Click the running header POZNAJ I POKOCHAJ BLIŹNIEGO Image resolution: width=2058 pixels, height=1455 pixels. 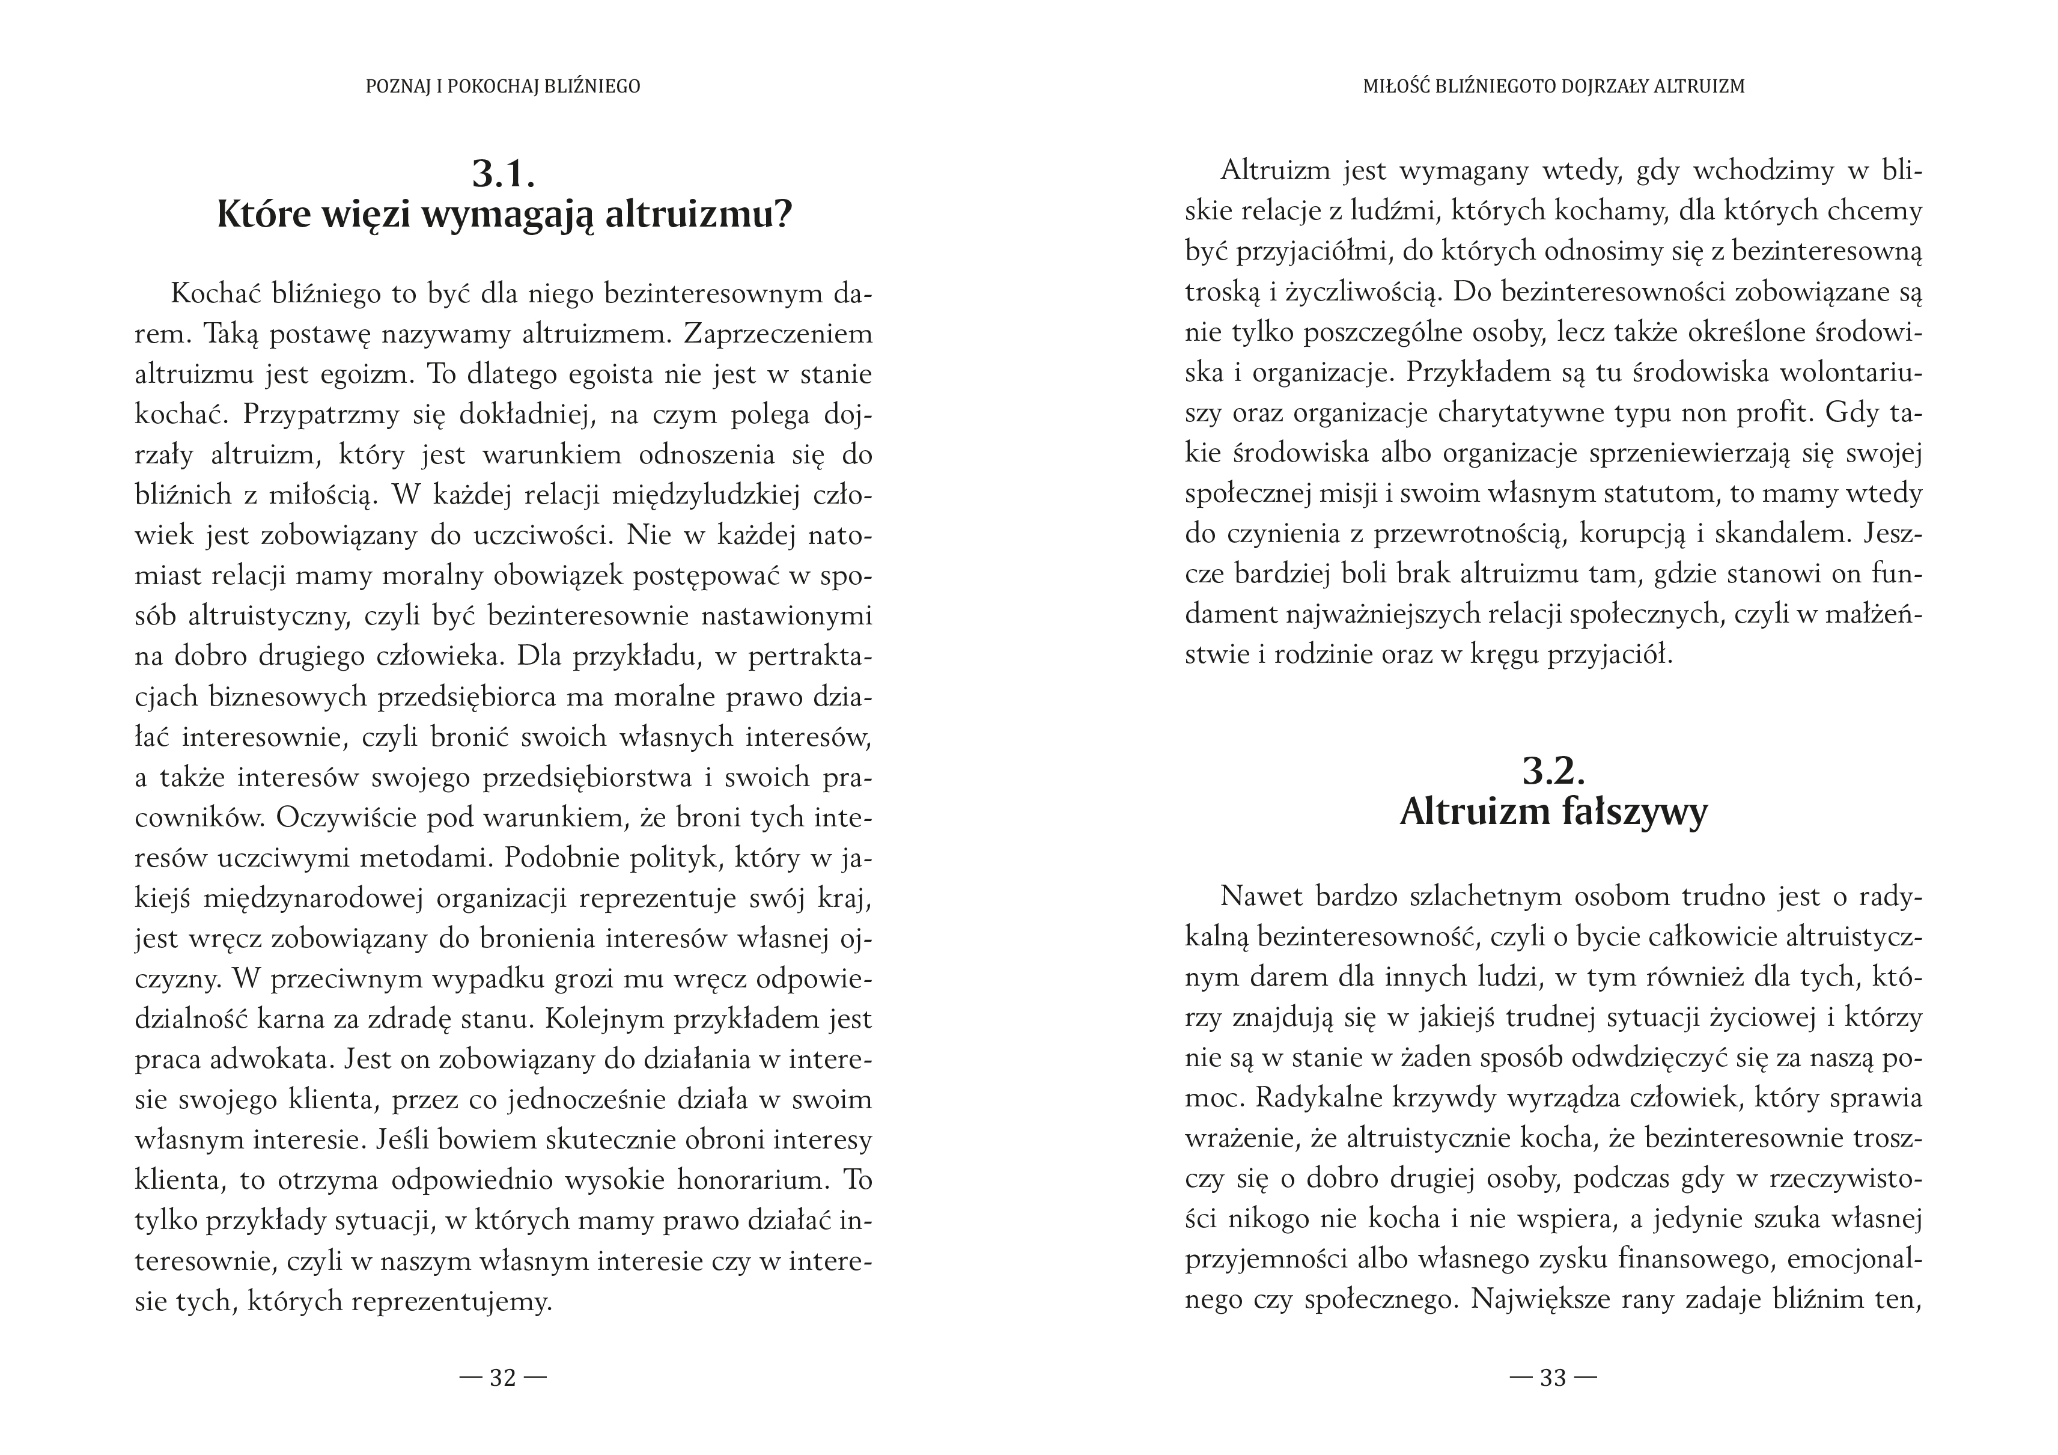click(x=503, y=87)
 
